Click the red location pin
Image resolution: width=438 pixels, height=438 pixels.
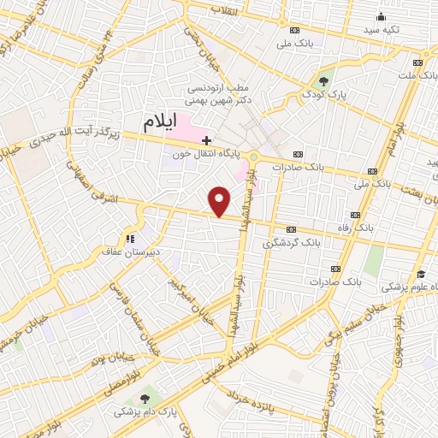[x=220, y=201]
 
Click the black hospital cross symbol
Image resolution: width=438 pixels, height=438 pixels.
[x=206, y=138]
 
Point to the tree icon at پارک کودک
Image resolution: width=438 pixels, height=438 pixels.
[x=324, y=82]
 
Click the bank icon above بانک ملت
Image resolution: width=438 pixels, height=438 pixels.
[x=418, y=62]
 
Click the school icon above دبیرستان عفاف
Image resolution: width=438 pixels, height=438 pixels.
[x=130, y=240]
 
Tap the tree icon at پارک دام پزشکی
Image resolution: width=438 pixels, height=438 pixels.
[x=143, y=399]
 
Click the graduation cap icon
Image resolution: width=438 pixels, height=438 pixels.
[x=421, y=274]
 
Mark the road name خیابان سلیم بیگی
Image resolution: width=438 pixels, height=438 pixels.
[x=348, y=322]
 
